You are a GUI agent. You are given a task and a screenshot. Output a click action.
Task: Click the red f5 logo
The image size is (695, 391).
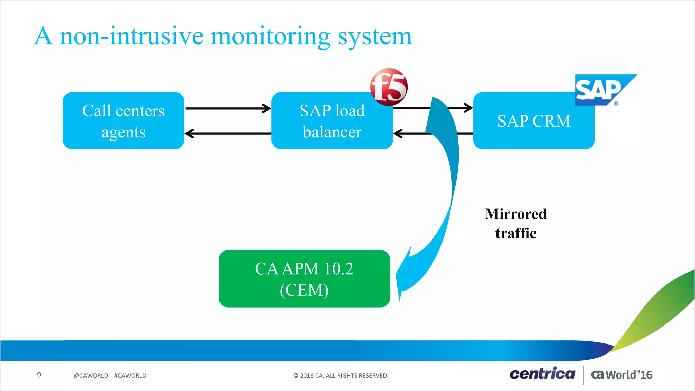tap(389, 87)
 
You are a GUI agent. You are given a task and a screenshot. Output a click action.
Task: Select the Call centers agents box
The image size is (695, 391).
tap(124, 120)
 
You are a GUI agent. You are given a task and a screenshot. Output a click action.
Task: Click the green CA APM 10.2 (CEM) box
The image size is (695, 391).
tap(304, 279)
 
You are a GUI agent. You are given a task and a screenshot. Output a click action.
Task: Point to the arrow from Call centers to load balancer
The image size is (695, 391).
tap(227, 108)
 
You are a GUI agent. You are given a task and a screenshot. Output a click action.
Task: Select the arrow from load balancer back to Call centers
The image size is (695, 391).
tap(227, 133)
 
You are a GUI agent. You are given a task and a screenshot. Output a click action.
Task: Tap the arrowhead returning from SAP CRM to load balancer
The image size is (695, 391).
tap(398, 133)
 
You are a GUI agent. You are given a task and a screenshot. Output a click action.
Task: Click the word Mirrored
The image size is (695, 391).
tap(515, 214)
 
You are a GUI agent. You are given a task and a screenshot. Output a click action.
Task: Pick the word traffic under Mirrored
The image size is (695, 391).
tap(515, 234)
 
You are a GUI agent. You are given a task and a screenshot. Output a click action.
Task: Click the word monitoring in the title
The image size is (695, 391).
tap(270, 36)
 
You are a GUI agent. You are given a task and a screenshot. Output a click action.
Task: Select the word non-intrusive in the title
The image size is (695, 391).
tap(132, 36)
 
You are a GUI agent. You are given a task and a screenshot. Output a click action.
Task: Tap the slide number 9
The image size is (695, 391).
tap(39, 375)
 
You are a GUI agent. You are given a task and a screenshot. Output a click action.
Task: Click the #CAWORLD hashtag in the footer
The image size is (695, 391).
tap(130, 376)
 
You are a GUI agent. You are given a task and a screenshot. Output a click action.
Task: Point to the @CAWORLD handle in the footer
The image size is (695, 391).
tap(91, 376)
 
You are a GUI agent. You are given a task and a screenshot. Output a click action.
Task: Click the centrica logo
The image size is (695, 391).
tap(542, 374)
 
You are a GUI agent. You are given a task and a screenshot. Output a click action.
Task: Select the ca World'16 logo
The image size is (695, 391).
tap(622, 375)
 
